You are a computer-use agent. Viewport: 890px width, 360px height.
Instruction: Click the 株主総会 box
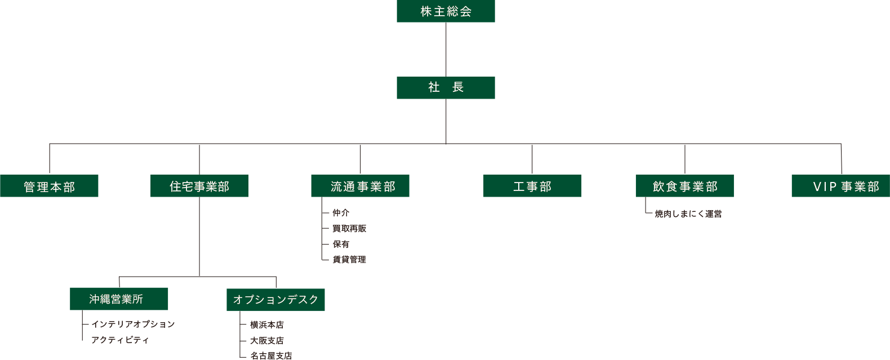(446, 11)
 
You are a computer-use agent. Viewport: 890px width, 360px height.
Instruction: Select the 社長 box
(446, 87)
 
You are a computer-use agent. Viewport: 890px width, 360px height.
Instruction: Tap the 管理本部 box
(49, 186)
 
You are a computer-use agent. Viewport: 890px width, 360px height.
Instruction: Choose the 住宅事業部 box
(199, 186)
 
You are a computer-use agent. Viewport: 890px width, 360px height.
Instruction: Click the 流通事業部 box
(360, 186)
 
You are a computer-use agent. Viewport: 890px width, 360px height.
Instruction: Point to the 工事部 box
(532, 186)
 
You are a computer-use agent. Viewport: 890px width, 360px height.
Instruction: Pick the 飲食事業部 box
(684, 186)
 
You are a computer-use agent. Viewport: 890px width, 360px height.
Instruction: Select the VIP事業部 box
(840, 186)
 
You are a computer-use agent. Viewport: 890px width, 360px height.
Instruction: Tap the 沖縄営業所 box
(119, 299)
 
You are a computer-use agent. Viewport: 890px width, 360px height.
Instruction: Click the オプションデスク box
(275, 299)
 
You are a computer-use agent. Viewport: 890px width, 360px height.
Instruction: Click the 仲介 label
(341, 213)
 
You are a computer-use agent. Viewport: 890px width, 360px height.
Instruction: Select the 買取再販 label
(349, 229)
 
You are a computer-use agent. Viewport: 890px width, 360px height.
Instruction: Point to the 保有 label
(341, 244)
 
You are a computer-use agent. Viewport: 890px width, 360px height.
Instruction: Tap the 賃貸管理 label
(349, 260)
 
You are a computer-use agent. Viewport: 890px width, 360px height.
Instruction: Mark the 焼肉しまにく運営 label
(688, 214)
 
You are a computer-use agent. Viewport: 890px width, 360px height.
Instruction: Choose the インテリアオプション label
(133, 325)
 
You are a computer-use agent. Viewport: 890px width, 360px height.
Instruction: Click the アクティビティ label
(120, 340)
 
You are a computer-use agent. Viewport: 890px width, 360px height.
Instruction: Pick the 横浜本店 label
(267, 325)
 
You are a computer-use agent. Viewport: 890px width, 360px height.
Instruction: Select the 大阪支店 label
(267, 341)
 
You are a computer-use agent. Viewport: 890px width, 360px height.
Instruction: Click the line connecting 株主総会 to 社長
(446, 50)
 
